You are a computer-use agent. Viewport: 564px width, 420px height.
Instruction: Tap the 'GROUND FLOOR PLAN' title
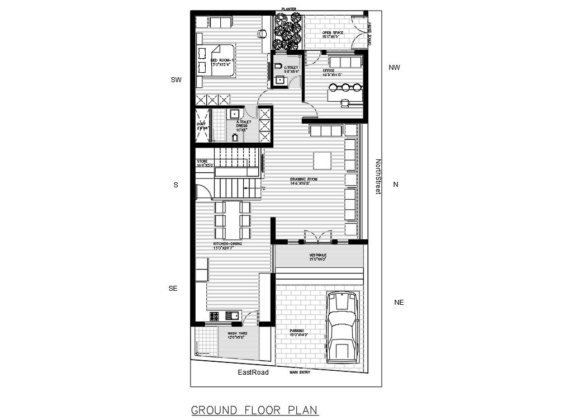pos(255,410)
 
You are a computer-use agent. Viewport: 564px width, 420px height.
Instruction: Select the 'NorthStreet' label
pos(378,177)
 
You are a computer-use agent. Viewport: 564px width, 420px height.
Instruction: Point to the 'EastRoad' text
pos(253,372)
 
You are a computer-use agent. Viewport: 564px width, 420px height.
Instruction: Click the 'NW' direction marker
pos(395,68)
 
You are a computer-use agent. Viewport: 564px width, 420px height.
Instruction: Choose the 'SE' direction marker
pos(173,289)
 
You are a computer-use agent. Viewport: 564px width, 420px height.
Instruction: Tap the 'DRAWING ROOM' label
pos(304,180)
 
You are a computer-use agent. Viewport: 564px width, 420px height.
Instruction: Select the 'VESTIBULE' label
pos(318,256)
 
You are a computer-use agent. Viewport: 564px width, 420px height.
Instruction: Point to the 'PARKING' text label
pos(297,331)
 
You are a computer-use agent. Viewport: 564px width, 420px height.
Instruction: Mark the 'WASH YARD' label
pos(237,334)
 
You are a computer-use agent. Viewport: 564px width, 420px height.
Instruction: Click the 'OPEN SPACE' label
pos(333,33)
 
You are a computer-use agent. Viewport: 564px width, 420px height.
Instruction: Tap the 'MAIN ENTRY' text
pos(300,372)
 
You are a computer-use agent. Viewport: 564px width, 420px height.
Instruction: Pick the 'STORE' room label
pos(202,162)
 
